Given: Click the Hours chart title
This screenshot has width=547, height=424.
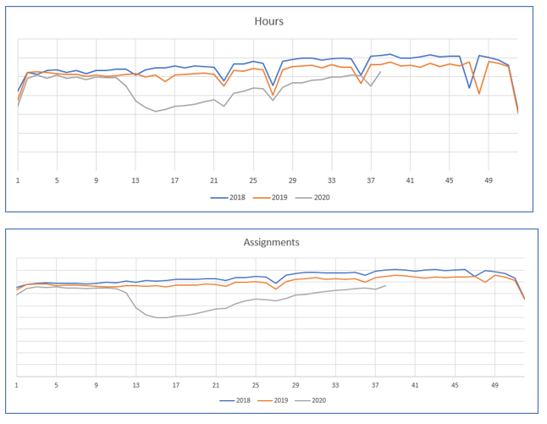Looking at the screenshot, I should point(268,21).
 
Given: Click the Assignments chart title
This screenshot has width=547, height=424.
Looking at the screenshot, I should point(271,242).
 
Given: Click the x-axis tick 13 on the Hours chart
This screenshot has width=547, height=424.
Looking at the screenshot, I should point(135,180).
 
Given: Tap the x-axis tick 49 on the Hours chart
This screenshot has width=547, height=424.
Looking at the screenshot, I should point(489,180).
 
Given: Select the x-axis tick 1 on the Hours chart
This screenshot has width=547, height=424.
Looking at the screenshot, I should point(18,180).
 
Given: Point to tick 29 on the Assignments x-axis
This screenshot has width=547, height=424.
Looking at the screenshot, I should point(296,385).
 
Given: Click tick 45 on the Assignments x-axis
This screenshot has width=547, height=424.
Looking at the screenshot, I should point(455,385).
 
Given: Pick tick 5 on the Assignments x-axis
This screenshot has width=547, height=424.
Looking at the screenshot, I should point(57,385).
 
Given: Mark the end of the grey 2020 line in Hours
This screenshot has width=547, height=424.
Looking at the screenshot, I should point(380,72).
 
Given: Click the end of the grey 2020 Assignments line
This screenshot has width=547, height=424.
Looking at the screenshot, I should point(385,286).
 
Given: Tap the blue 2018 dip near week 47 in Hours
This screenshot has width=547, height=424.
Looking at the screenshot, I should point(469,87).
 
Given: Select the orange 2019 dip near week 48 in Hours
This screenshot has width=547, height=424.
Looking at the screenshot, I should point(479,93).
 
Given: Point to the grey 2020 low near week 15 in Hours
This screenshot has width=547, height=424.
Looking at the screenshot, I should point(156,112).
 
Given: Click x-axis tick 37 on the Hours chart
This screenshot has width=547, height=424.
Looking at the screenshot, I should point(371,180).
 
